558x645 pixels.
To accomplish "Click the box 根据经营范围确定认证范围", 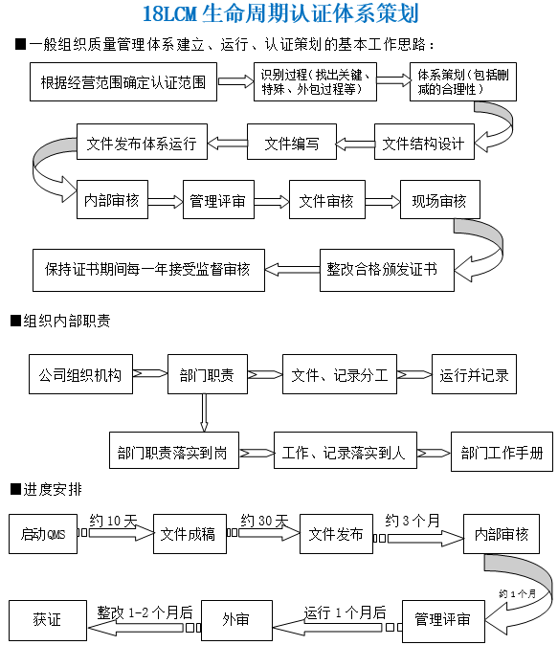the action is (123, 82).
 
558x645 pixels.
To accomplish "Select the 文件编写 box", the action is (292, 142).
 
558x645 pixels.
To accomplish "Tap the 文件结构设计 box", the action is (424, 142).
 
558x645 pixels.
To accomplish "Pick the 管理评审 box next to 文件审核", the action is (218, 199).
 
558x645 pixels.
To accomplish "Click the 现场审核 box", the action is (440, 199).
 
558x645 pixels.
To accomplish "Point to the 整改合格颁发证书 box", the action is (387, 270).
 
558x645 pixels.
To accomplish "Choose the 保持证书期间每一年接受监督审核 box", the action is (148, 270).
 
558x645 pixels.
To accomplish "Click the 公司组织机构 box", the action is (80, 374).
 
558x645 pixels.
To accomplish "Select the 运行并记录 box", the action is (474, 374).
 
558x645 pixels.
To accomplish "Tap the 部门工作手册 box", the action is (502, 452).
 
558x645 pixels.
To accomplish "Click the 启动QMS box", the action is (43, 534).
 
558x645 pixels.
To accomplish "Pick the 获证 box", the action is (48, 620).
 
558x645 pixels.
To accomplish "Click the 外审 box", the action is (236, 620).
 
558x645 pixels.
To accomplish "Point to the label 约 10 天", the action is (113, 521).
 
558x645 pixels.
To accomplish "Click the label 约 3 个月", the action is (413, 521).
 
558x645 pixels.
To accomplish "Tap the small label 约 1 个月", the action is (517, 593).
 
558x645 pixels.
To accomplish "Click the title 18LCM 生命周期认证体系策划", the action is (280, 13).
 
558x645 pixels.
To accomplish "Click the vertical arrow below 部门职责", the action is (204, 412).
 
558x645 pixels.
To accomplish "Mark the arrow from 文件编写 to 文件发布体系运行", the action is (227, 144).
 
